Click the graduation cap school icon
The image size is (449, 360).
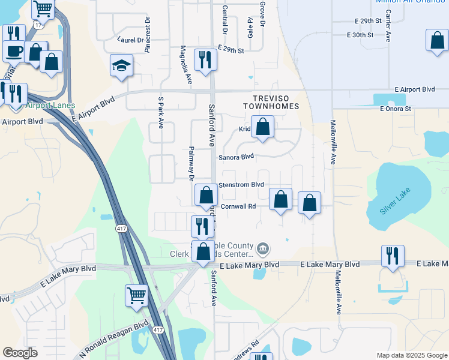tap(121, 65)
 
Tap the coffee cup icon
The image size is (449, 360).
tap(13, 51)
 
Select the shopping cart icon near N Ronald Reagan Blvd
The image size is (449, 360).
tap(136, 295)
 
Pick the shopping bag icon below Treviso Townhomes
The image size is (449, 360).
tap(262, 127)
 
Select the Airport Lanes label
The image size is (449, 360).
tap(50, 105)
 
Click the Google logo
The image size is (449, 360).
tap(20, 353)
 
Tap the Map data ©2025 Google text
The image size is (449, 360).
tap(411, 355)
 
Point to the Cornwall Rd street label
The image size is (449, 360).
tap(238, 206)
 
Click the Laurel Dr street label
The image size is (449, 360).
tap(133, 41)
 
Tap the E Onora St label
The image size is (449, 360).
tap(395, 109)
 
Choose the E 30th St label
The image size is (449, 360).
tap(360, 35)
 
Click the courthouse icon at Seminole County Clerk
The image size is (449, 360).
tap(263, 248)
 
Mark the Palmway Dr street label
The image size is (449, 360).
tap(191, 163)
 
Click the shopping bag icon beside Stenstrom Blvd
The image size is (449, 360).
tap(206, 194)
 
